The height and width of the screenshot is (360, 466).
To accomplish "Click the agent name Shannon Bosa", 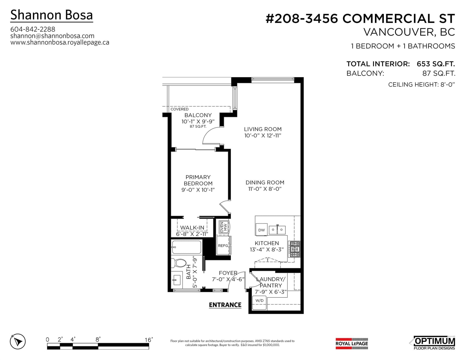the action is [52, 15].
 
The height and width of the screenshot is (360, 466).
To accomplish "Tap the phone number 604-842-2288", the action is [33, 29].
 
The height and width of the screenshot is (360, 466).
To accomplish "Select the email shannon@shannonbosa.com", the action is [52, 36].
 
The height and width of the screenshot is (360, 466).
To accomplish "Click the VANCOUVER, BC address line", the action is [409, 32].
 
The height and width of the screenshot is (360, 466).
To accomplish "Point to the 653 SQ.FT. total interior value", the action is [435, 64].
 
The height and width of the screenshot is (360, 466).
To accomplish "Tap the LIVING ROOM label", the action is [263, 129].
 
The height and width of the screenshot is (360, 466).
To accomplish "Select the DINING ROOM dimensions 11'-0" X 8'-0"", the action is [265, 189].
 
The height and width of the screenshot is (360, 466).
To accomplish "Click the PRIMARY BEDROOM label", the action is [198, 180].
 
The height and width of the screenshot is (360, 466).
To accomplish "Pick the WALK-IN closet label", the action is [192, 228].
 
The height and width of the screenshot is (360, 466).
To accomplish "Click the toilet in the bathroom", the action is [179, 263].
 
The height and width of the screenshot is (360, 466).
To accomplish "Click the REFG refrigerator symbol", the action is [223, 245].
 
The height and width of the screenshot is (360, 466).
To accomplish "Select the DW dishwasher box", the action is [262, 230].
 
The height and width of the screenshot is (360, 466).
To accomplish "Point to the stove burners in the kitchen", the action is [295, 249].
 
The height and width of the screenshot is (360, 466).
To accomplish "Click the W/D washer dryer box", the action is [260, 303].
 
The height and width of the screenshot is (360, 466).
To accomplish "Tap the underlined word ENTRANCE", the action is [225, 305].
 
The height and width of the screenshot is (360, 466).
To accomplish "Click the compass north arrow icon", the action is [18, 341].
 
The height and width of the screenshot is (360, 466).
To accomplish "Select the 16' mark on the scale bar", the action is [149, 340].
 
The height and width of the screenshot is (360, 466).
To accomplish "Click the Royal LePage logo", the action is [352, 343].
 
